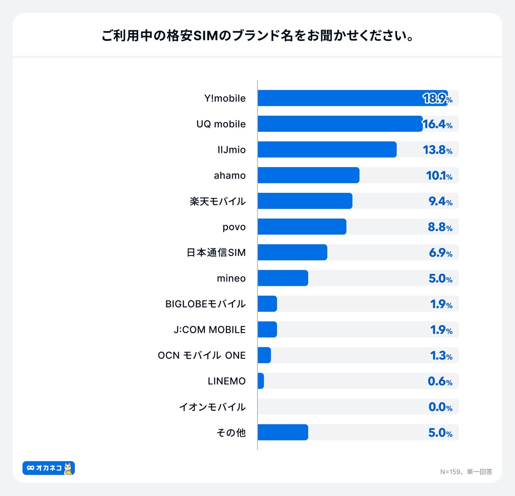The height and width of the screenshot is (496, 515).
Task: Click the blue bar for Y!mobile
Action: pos(352,98)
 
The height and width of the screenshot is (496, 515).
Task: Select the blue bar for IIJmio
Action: pos(327,150)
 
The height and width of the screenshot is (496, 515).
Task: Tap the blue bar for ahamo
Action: pos(308,175)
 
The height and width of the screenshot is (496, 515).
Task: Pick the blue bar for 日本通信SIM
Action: pos(292,252)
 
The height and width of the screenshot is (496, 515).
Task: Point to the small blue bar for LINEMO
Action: pos(261,381)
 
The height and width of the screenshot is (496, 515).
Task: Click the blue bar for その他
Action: pos(283,432)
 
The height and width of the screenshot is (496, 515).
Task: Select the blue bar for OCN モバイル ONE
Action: pos(264,355)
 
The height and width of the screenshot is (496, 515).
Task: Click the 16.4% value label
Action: pos(437,124)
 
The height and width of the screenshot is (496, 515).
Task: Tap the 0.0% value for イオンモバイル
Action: pos(440,407)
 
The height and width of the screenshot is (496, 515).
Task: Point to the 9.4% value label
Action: pos(440,201)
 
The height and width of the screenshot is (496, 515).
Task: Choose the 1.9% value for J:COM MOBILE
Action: pos(441,330)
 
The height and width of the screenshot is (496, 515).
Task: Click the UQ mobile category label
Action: pos(221,124)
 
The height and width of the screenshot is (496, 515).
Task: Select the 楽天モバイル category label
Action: pos(217,201)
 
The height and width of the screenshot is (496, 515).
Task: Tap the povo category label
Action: pos(234,227)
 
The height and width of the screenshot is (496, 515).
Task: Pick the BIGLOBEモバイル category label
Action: pos(205,304)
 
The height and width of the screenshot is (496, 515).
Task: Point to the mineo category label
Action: pos(231,278)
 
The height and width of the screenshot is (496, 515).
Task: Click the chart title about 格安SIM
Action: pos(257,36)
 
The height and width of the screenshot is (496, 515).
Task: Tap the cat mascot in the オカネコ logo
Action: pos(68,468)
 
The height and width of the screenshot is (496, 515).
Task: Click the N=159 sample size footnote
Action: pos(466,472)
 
